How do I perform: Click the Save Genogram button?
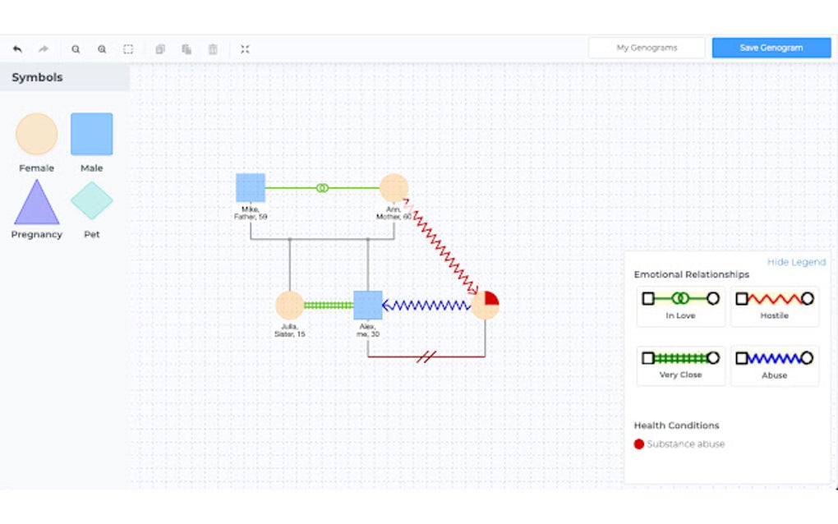[771, 48]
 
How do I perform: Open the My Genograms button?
[647, 48]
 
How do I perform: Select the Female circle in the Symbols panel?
[37, 135]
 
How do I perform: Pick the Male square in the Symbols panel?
[91, 135]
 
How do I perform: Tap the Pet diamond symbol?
[91, 201]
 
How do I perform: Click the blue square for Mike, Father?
[251, 187]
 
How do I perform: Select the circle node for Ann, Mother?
[394, 187]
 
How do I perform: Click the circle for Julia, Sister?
[289, 305]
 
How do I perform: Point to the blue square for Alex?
[367, 305]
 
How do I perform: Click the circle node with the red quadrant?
[485, 305]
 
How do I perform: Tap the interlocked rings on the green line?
[322, 188]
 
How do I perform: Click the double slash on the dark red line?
[426, 356]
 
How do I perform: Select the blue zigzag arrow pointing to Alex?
[426, 306]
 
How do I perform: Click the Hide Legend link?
[796, 262]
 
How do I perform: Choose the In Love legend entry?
[681, 306]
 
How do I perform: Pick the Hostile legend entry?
[774, 306]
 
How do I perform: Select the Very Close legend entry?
[681, 365]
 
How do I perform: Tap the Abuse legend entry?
[774, 365]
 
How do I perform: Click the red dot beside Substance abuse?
[639, 444]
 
